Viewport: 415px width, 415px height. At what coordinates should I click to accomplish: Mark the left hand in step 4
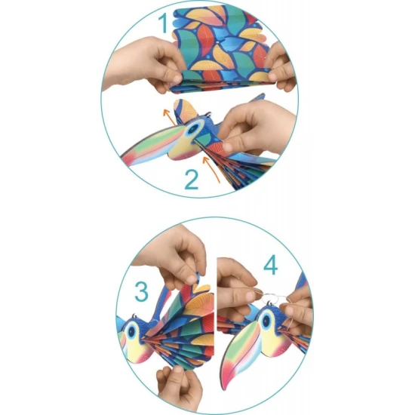pyautogui.click(x=234, y=294)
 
